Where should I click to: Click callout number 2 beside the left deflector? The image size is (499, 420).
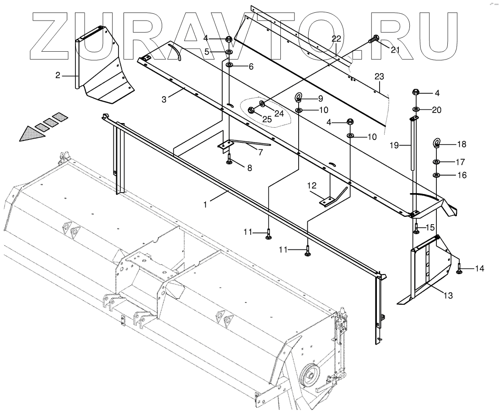[58, 75]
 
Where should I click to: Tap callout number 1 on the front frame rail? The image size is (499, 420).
[205, 204]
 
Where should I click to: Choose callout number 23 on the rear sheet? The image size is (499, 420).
[380, 76]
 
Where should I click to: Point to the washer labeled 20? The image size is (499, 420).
[417, 110]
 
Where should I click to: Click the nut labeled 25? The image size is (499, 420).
[252, 110]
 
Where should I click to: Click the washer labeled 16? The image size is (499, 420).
[436, 175]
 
